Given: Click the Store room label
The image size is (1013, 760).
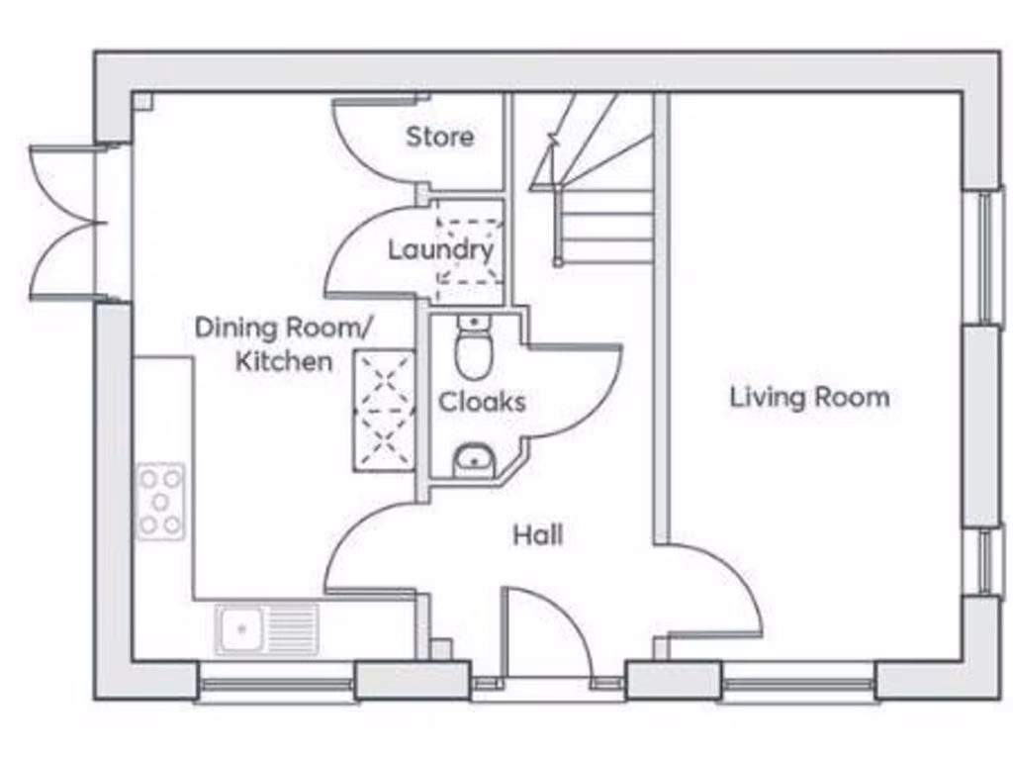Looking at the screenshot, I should coord(439,137).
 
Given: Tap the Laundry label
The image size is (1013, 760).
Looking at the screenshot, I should coord(440,250).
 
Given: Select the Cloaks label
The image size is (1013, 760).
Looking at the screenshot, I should coord(482,403).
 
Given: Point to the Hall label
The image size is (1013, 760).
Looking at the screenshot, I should coord(538,535).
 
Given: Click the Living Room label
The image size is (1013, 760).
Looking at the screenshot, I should coord(809,398).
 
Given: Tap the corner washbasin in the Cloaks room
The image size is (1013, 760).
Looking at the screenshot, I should coord(474,461).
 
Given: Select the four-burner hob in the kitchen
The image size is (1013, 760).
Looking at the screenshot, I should coord(160,501).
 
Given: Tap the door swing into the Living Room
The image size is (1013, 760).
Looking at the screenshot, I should coord(712,594).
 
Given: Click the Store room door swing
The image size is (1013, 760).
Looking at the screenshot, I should coord(371,139).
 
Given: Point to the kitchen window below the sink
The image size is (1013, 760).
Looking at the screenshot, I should coord(276,684).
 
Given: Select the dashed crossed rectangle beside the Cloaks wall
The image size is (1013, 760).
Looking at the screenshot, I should coord(385,409).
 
